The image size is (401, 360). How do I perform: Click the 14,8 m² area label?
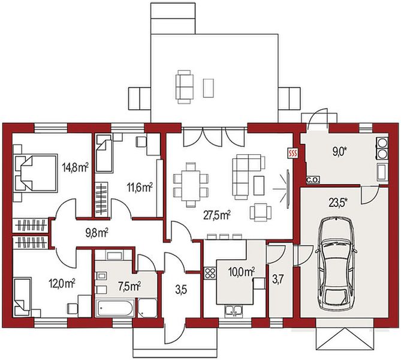pos(76,168)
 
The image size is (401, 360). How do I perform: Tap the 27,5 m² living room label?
pos(217,215)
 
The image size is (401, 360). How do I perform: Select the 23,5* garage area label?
pos(339,203)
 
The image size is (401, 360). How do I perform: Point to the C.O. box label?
pos(313,180)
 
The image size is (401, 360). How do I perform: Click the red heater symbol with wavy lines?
pos(293,154)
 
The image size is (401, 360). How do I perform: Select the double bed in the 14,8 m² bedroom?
pos(35,173)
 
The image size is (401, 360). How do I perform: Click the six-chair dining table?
pos(191,184)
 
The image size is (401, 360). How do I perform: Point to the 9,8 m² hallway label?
pos(97,233)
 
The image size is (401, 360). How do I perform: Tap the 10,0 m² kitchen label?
pos(242,272)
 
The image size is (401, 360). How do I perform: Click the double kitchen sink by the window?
pos(234,310)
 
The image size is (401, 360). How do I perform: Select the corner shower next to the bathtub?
pos(147,308)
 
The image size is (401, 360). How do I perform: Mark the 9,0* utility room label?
pos(339,152)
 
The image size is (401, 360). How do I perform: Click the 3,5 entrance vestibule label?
pos(181,290)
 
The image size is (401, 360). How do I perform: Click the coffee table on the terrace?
pos(209,88)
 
